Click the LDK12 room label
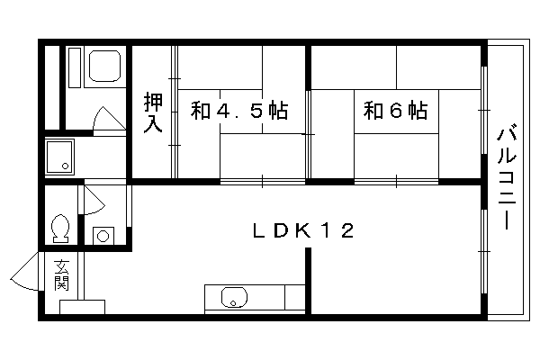303,230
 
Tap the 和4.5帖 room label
239,110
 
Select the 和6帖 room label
396,110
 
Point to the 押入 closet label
153,112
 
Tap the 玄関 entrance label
61,274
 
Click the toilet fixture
60,229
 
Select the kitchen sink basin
234,297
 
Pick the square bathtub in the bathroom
104,66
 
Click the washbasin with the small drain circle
59,157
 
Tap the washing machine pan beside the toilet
103,236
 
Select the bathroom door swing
109,119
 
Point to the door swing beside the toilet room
94,200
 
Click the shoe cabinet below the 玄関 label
82,307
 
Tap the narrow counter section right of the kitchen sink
295,297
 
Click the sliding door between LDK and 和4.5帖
263,181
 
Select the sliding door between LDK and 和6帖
396,181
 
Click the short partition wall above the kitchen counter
308,281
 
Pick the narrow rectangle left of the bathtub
75,67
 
